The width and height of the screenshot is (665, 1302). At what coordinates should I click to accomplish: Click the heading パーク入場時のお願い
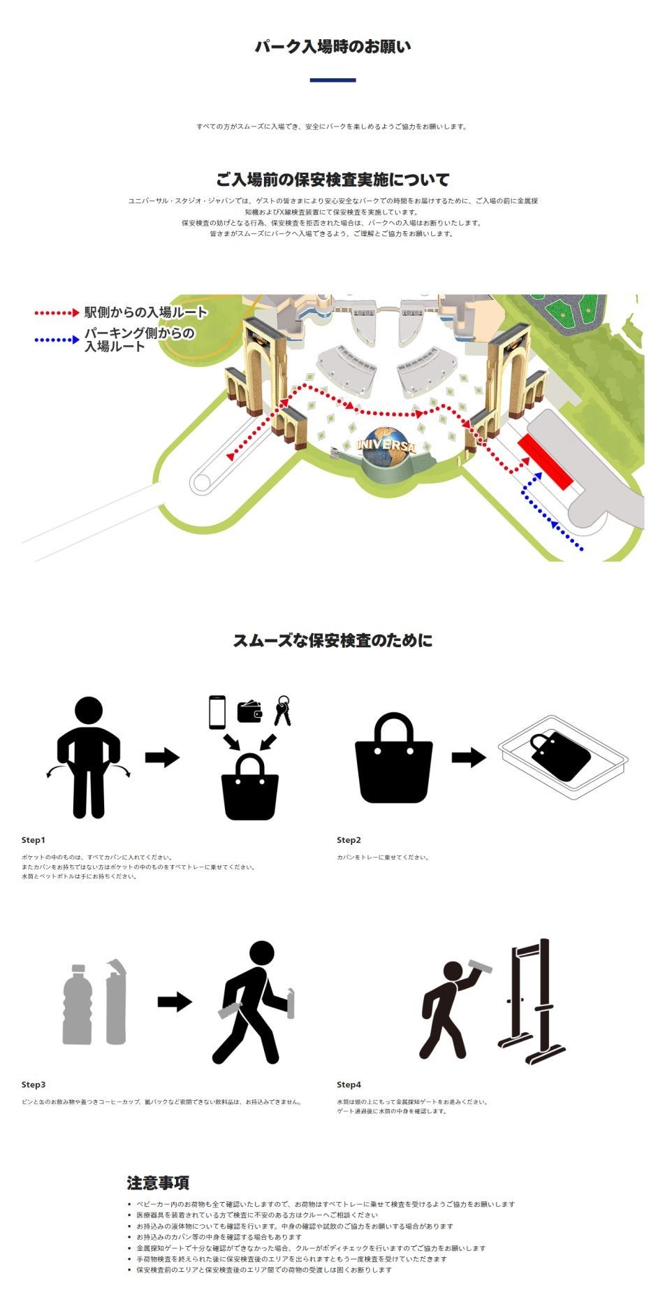point(332,47)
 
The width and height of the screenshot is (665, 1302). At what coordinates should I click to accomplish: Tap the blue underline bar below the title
point(332,80)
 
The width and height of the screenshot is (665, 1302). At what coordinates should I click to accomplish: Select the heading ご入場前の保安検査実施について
point(332,180)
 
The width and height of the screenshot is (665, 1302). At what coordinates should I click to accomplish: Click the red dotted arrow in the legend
point(57,313)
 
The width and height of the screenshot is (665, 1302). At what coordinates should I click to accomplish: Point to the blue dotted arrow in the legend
point(57,340)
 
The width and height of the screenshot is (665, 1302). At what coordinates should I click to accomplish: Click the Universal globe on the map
point(386,447)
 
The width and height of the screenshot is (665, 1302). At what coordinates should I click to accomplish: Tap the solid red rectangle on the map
point(546,461)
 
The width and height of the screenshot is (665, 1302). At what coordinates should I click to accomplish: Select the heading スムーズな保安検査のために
point(332,640)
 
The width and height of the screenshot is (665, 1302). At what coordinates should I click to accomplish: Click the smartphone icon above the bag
point(217,712)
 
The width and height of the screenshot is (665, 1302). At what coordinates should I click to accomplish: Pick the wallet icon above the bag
point(249,711)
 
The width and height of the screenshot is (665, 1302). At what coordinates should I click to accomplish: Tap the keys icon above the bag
point(282,711)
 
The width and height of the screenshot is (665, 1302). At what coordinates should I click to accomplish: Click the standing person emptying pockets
point(89,758)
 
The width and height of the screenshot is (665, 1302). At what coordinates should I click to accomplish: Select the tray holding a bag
point(563,757)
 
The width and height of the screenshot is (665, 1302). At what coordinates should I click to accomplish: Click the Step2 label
point(349,840)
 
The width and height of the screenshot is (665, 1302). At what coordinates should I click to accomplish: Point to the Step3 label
point(34,1085)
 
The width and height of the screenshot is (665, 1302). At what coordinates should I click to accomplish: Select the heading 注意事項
point(158,1182)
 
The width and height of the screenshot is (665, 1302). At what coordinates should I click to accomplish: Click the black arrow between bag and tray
point(469,757)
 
